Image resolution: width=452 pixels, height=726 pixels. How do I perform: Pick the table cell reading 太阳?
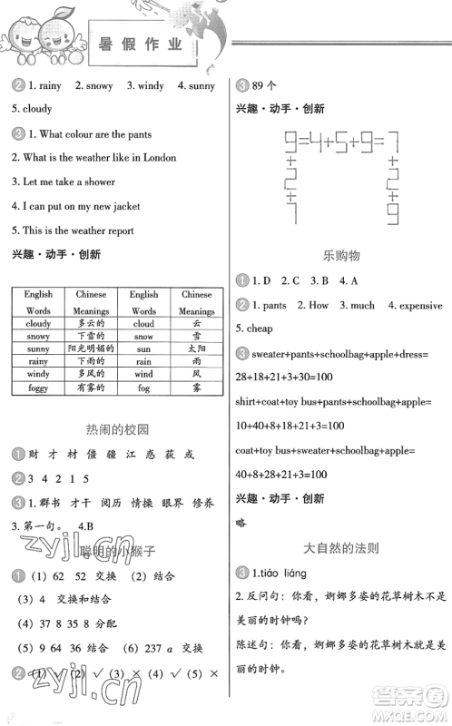pyautogui.click(x=196, y=348)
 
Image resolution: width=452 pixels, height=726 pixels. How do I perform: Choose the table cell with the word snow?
pyautogui.click(x=143, y=336)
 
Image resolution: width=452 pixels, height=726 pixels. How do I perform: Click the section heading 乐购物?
pyautogui.click(x=341, y=257)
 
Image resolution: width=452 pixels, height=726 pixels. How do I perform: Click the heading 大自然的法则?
pyautogui.click(x=341, y=548)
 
